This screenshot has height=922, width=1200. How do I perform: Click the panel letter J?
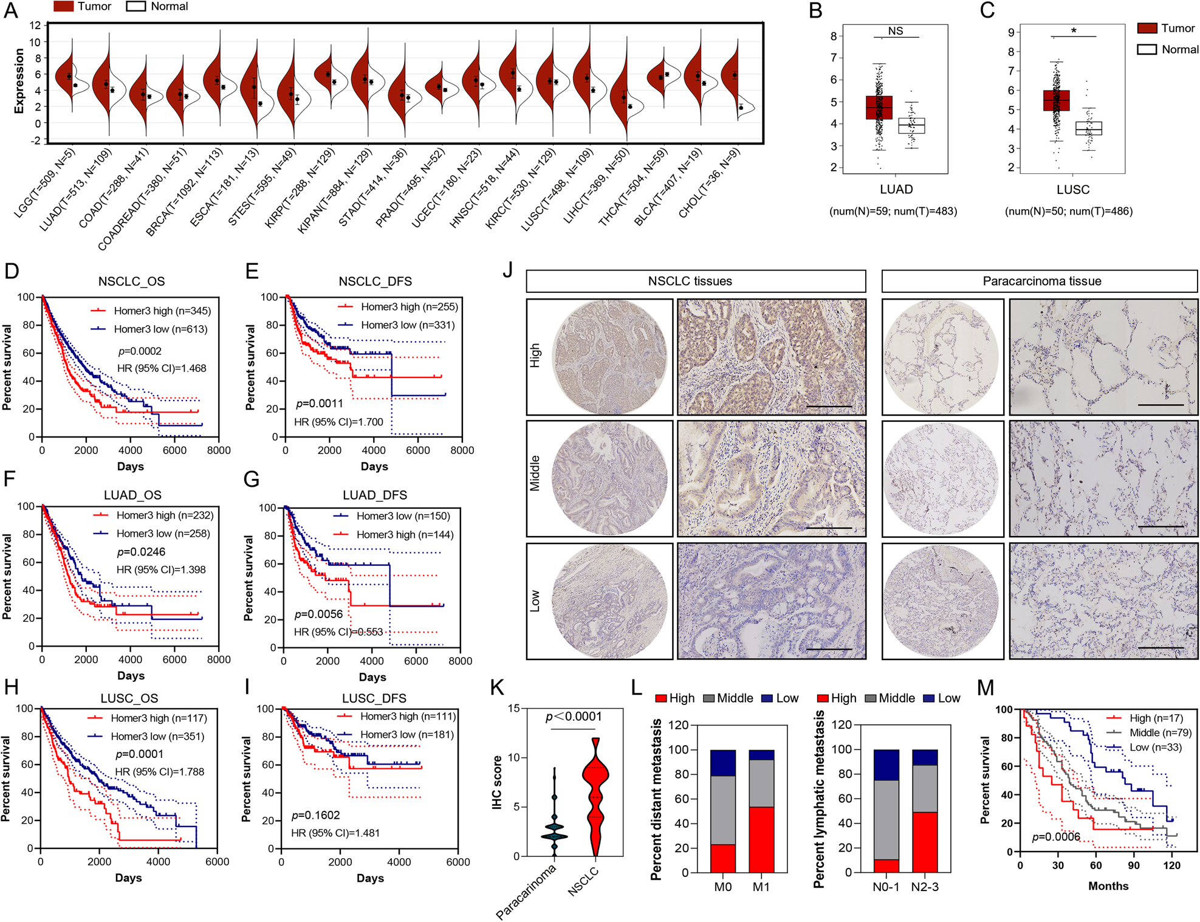coord(509,269)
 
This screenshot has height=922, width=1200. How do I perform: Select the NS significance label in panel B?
coord(895,31)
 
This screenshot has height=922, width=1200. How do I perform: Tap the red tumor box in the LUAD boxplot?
coord(879,108)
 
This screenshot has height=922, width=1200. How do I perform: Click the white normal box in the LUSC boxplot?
coord(1088,128)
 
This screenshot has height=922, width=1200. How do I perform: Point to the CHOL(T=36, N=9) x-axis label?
coord(709,183)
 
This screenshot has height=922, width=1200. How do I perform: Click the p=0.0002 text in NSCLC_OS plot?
coord(140,351)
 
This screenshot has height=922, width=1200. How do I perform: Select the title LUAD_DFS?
coord(374,495)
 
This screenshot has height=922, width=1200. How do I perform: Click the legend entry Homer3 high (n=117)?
coord(159,718)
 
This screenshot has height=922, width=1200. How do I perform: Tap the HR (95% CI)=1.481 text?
coord(335,833)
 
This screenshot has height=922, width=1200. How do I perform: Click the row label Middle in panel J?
coord(535,473)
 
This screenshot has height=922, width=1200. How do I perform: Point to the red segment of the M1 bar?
coord(761,839)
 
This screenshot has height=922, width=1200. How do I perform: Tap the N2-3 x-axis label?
coord(924,887)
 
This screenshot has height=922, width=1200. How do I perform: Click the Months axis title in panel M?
coord(1108,886)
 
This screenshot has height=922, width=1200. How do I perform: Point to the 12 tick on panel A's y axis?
coord(35,26)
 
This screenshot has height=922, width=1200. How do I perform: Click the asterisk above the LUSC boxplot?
coord(1074,31)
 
